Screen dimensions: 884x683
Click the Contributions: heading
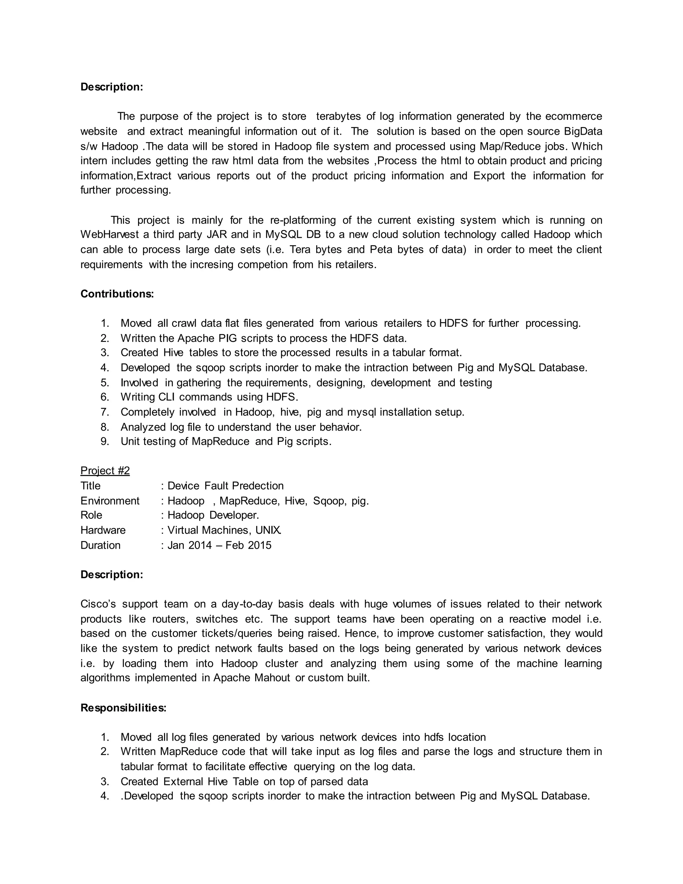pyautogui.click(x=117, y=294)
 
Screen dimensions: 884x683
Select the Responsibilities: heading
pyautogui.click(x=123, y=708)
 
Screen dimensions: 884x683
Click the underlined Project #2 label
pyautogui.click(x=105, y=470)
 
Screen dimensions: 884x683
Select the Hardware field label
pyautogui.click(x=103, y=530)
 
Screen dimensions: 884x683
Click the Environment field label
pyautogui.click(x=110, y=501)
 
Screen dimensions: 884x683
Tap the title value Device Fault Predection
pyautogui.click(x=225, y=486)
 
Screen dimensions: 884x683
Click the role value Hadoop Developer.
pyautogui.click(x=213, y=515)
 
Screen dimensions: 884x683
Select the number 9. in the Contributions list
pyautogui.click(x=105, y=442)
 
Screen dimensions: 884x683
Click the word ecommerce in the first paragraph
pyautogui.click(x=573, y=116)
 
